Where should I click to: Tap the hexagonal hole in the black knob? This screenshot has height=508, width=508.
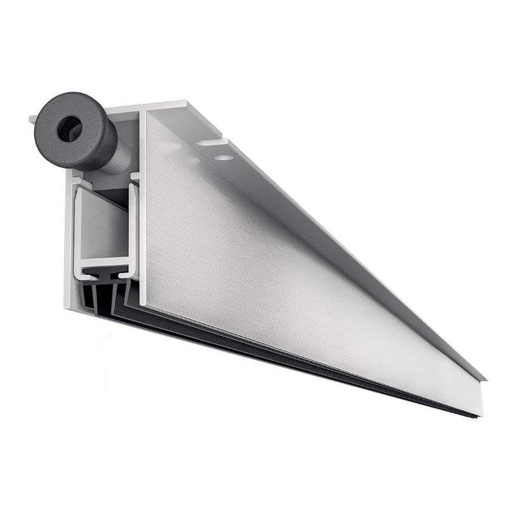[x=69, y=129]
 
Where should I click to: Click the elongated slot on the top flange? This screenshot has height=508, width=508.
[x=211, y=142]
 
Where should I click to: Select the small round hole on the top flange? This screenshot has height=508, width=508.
[x=222, y=156]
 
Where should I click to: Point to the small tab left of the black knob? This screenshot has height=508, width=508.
[x=32, y=119]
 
